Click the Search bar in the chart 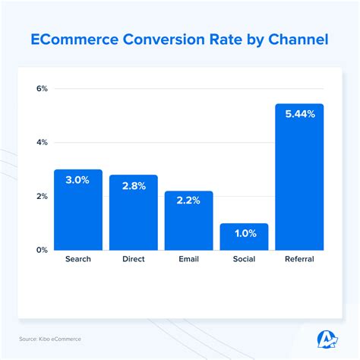point(77,213)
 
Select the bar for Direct point(133,216)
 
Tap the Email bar point(188,224)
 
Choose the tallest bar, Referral point(299,182)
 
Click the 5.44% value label point(299,114)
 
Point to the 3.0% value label point(77,179)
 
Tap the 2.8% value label point(133,185)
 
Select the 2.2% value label point(188,201)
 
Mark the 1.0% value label point(244,233)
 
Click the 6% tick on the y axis point(42,89)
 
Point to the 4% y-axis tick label point(42,142)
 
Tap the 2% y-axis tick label point(42,196)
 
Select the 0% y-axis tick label point(42,249)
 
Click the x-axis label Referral point(299,260)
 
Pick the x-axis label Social point(244,260)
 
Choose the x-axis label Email point(188,260)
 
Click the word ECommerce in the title point(77,39)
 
